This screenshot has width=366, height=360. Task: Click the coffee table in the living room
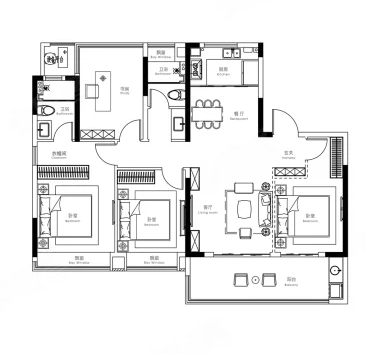coord(246,208)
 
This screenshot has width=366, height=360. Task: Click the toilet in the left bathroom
coord(45,110)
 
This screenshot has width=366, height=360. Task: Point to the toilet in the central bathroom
coord(177,95)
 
